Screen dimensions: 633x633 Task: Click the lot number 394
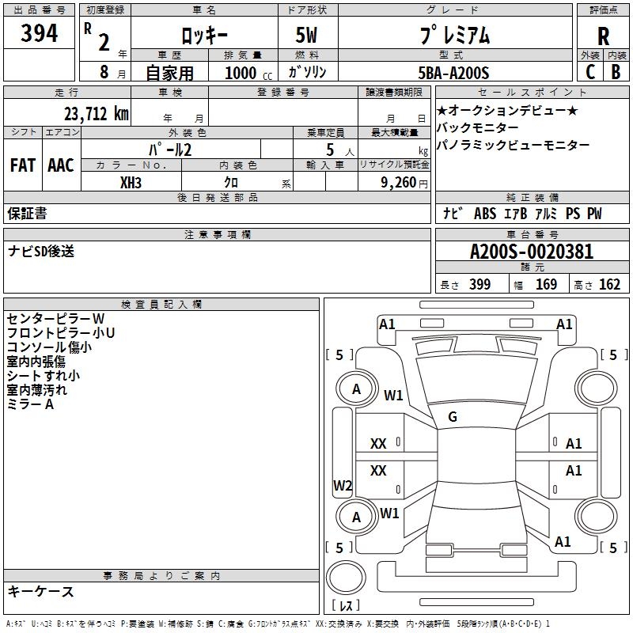[x=40, y=34]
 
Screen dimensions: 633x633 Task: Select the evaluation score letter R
[x=603, y=36]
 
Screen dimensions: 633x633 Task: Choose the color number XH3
[x=131, y=182]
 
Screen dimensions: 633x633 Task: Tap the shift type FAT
[x=22, y=165]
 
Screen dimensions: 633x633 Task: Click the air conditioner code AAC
[x=60, y=165]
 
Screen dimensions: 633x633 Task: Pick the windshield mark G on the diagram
[x=453, y=416]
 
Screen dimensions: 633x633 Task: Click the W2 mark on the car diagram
[x=342, y=485]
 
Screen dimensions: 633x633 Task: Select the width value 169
[x=546, y=284]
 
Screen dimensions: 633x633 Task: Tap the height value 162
[x=609, y=284]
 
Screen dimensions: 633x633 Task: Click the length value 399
[x=479, y=284]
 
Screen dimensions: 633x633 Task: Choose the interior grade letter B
[x=616, y=72]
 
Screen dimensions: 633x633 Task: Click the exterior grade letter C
[x=589, y=72]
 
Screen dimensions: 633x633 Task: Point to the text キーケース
[x=40, y=591]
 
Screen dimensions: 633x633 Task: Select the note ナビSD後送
[x=41, y=251]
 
